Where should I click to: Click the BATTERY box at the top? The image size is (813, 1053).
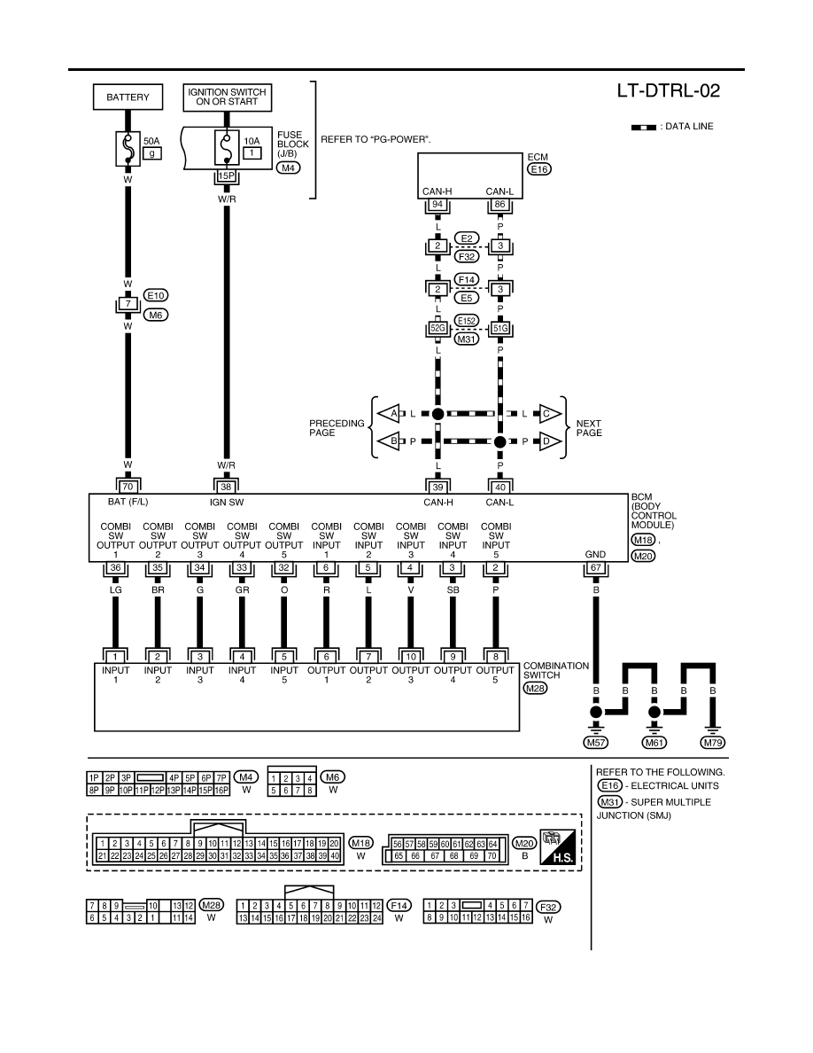[x=128, y=97]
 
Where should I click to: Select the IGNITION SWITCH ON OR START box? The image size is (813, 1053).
[x=227, y=97]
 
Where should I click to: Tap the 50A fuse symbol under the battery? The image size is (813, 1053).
[x=128, y=148]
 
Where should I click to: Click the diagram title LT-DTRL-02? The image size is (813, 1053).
[x=668, y=91]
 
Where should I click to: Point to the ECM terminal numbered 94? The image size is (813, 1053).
[x=438, y=204]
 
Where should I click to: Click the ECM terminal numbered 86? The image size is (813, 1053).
[x=499, y=204]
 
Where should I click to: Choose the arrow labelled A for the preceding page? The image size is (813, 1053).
[x=389, y=414]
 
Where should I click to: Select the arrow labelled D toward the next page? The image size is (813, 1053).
[x=550, y=441]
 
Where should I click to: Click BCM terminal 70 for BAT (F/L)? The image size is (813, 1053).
[x=128, y=487]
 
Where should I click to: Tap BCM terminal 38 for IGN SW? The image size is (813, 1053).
[x=226, y=487]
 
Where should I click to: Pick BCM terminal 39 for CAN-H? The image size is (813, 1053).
[x=438, y=487]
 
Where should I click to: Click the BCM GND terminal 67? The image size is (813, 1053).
[x=596, y=568]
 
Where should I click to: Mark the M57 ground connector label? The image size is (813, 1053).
[x=596, y=742]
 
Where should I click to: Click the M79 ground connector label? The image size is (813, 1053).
[x=712, y=742]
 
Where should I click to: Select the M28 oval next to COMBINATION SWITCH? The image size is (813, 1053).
[x=535, y=689]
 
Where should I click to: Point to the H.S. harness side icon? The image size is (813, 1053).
[x=558, y=847]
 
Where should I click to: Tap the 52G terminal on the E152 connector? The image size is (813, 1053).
[x=438, y=328]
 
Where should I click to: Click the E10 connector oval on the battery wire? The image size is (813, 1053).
[x=156, y=295]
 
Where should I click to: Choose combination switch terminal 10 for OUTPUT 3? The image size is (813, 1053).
[x=411, y=657]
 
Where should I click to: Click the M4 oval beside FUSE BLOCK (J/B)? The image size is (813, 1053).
[x=289, y=168]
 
